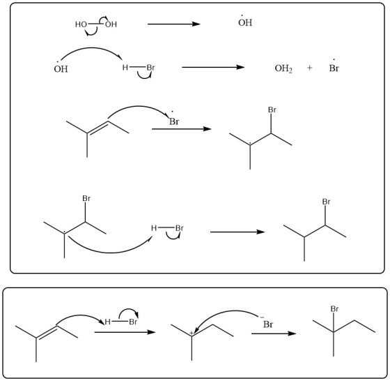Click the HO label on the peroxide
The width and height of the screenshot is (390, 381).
[x=81, y=24]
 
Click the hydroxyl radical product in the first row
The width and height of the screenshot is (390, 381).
[x=245, y=22]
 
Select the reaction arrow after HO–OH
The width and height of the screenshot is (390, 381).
[x=174, y=24]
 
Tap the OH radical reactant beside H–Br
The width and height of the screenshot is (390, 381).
[x=61, y=68]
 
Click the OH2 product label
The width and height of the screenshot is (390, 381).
[x=283, y=68]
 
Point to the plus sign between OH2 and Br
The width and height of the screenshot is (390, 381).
[x=309, y=68]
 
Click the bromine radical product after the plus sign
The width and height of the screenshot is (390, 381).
[x=334, y=67]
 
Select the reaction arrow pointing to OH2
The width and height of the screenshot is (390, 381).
[x=213, y=67]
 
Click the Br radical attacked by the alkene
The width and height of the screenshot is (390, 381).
[x=174, y=120]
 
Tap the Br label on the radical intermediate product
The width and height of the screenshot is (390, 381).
[x=272, y=110]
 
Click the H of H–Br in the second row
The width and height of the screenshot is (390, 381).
[x=125, y=68]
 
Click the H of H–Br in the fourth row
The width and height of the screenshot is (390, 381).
[x=154, y=228]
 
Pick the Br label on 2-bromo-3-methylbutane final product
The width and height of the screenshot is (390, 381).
[x=326, y=202]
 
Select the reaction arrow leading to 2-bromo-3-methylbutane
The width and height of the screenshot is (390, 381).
[x=237, y=232]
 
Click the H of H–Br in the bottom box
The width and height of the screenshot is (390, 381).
[x=107, y=322]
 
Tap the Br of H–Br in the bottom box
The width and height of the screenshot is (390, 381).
[x=133, y=322]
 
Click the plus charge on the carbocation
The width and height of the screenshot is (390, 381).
[x=192, y=333]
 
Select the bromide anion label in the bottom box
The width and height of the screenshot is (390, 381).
[x=267, y=322]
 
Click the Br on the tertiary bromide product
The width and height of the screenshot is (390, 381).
[x=334, y=309]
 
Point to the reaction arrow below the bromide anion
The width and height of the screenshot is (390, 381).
[x=274, y=334]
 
